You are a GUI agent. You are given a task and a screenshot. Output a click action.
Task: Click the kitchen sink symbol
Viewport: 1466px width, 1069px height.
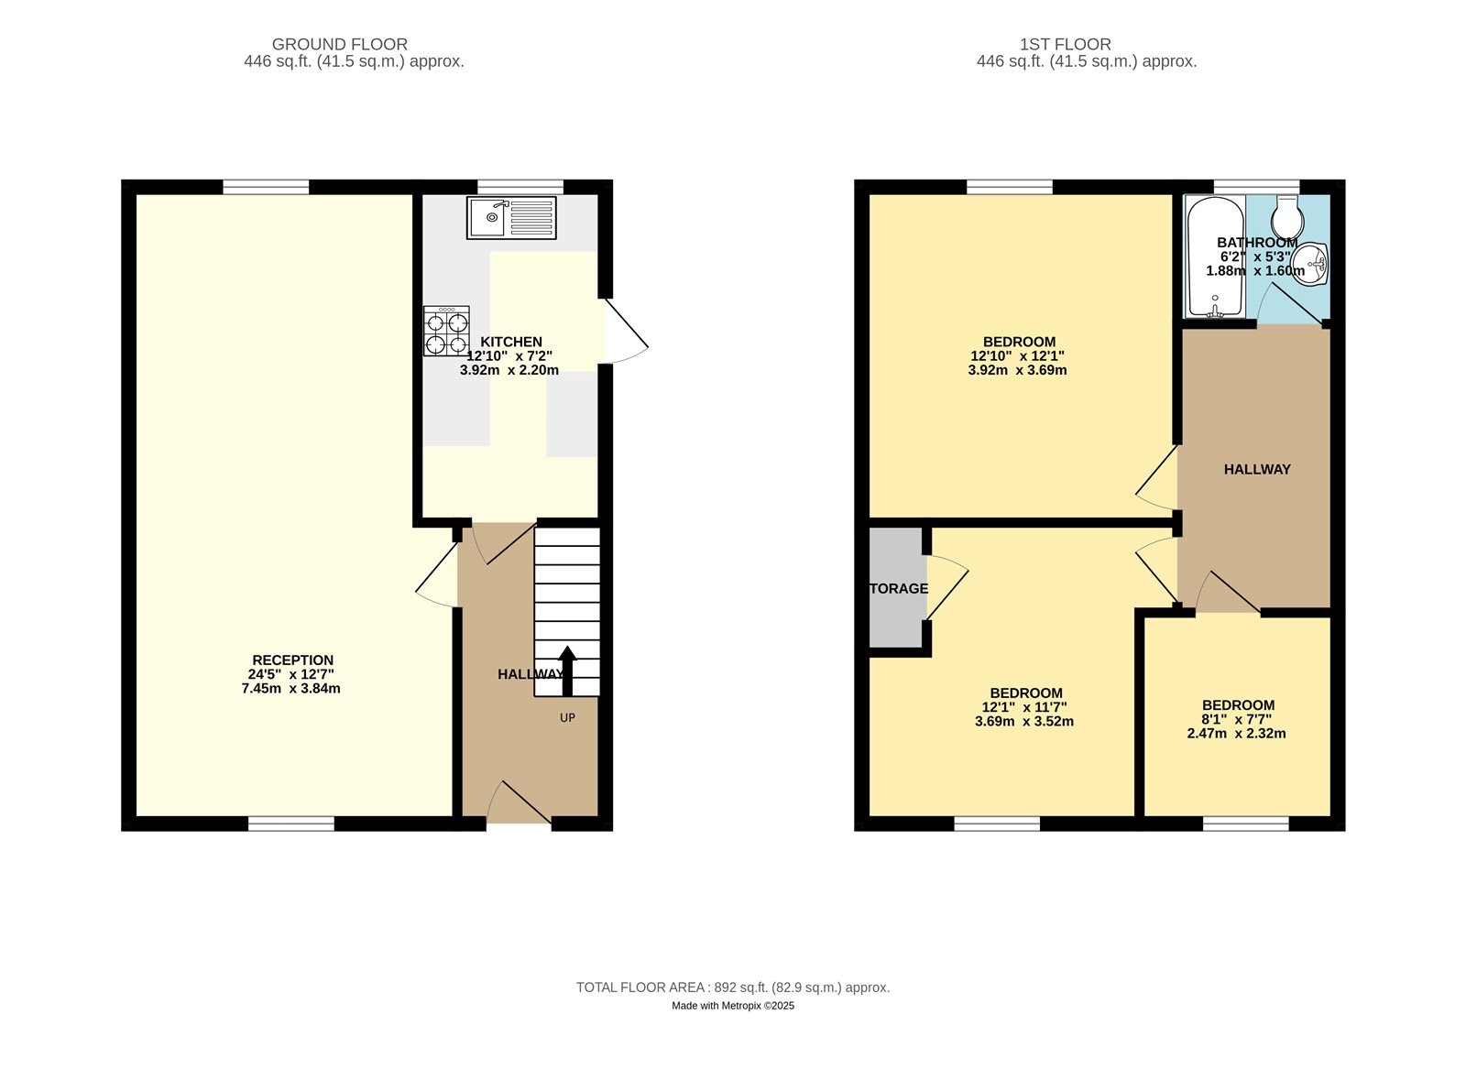click(510, 218)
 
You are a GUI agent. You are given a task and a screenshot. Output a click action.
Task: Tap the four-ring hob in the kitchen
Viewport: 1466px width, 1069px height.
click(446, 332)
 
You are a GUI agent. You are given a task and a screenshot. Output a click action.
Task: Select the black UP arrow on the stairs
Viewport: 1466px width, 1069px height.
click(567, 670)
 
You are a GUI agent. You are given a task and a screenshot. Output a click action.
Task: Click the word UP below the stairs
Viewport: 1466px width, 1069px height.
click(567, 718)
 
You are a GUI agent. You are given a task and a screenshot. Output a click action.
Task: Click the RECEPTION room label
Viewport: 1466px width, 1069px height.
click(292, 660)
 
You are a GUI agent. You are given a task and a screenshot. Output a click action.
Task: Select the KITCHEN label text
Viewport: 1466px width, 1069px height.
click(511, 342)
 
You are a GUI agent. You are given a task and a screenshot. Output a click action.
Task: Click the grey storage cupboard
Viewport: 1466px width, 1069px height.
click(897, 588)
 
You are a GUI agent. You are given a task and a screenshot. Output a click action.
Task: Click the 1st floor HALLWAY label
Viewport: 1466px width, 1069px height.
click(1256, 469)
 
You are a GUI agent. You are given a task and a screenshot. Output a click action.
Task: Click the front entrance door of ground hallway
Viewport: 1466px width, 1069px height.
click(519, 804)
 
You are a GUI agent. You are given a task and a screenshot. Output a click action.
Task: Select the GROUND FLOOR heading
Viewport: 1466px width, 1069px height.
click(339, 44)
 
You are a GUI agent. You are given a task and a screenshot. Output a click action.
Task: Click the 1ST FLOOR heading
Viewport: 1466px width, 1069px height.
click(1065, 44)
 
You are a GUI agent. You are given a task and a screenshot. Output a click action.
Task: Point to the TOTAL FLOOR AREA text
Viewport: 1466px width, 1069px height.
click(732, 987)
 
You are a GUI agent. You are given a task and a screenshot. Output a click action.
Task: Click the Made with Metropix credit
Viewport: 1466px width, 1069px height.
click(732, 1006)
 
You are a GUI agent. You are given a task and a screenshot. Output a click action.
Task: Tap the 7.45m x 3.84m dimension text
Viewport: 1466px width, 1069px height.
click(290, 689)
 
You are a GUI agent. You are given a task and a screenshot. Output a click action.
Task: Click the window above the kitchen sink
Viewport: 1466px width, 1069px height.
click(520, 187)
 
